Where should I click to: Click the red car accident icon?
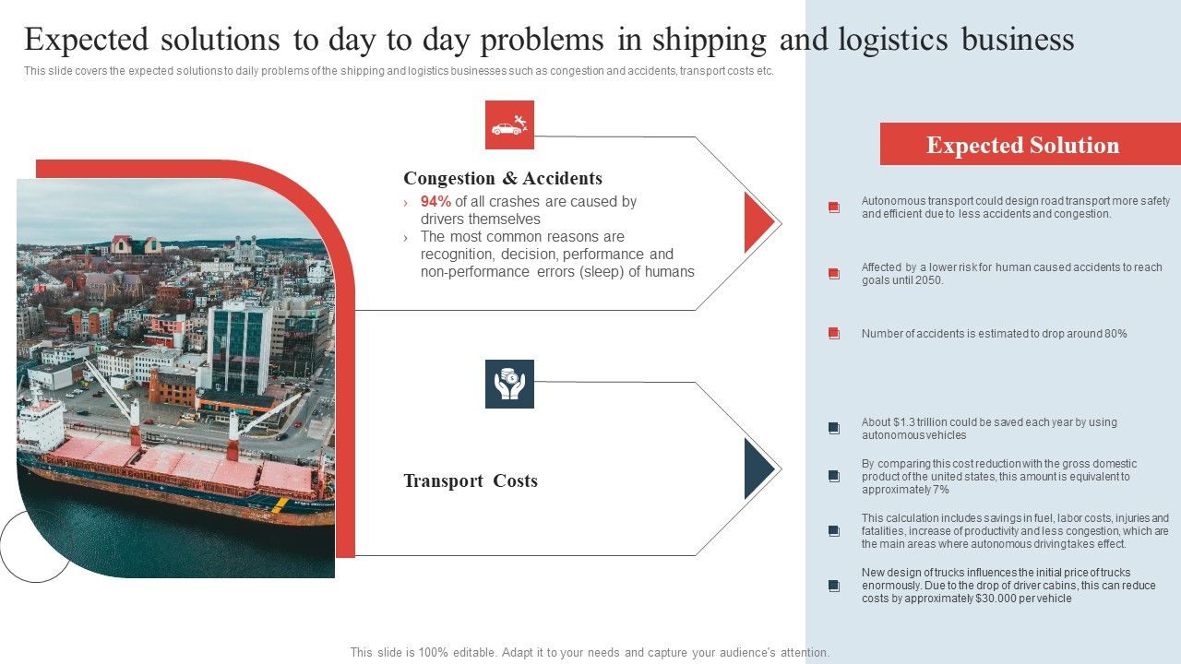tap(509, 125)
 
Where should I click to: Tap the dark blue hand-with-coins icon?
tap(509, 384)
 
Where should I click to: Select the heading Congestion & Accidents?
tap(502, 178)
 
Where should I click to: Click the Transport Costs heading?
tap(470, 480)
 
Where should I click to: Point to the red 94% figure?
tap(435, 201)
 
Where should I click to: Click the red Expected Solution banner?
tap(1022, 145)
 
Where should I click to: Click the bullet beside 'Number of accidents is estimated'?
tap(834, 334)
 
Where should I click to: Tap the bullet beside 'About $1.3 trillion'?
tap(834, 428)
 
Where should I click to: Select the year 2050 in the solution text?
tap(929, 280)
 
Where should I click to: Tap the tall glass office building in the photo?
tap(239, 346)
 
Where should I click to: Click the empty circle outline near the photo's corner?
tap(35, 546)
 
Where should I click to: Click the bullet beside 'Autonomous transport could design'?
tap(834, 207)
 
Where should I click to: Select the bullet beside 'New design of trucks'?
tap(834, 586)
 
